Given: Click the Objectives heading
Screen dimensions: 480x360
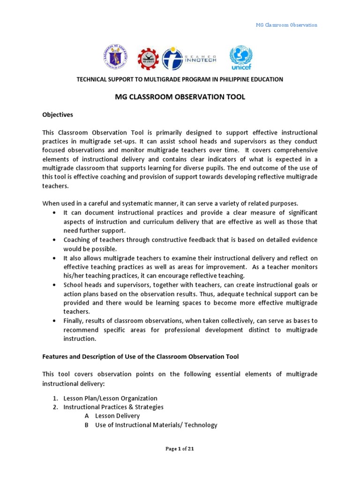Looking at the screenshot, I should [x=58, y=114].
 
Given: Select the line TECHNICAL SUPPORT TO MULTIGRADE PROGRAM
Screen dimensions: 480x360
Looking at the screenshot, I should [x=180, y=79].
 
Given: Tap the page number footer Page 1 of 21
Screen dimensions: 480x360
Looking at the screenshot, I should [x=180, y=449].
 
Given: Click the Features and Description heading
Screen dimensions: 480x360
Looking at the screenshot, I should [x=141, y=356].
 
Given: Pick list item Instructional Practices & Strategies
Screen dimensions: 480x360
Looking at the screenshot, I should [x=113, y=407].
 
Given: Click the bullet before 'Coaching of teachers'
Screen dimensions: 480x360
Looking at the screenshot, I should [x=55, y=240].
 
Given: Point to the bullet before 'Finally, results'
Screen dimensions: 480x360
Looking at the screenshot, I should [x=55, y=321].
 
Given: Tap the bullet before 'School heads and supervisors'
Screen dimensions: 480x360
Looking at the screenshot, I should [x=55, y=285].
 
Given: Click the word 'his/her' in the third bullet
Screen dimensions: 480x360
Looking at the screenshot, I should [x=74, y=276].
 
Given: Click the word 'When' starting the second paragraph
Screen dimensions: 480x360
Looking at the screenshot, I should [x=51, y=203].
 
